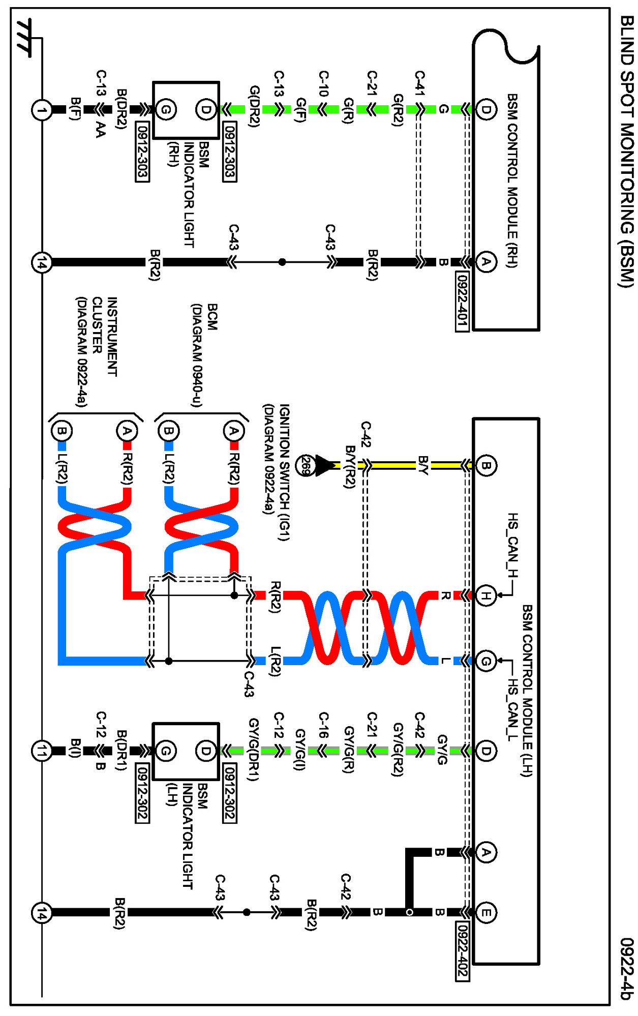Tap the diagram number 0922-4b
626,968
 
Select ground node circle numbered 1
42,110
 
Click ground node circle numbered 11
42,751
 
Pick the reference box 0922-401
462,301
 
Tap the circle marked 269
306,465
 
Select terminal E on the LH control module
486,912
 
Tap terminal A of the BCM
233,431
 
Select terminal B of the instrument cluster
62,431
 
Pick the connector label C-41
420,83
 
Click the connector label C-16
324,724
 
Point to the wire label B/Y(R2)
350,466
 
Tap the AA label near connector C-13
101,129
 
